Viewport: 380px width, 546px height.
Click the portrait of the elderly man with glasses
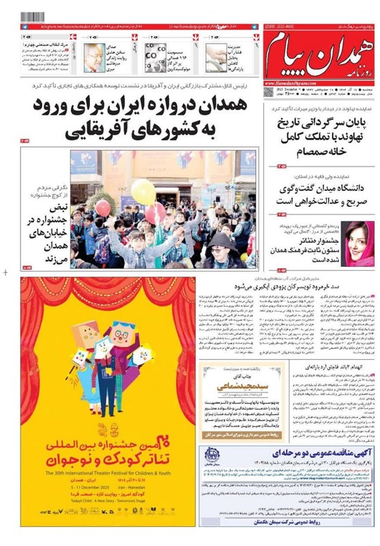[94, 57]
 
